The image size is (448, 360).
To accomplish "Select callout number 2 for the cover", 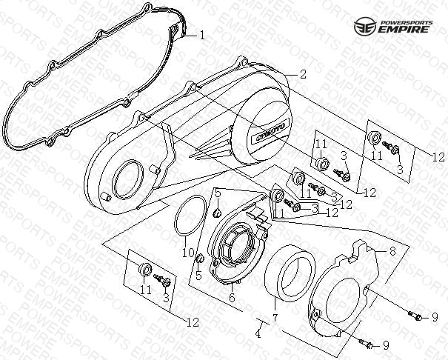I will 302,74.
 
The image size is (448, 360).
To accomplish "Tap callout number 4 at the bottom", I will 258,335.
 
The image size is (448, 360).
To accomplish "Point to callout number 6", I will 232,298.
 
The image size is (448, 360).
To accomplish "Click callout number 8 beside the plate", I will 392,252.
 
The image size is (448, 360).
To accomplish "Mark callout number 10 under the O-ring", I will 188,253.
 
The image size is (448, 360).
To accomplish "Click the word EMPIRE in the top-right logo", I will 411,30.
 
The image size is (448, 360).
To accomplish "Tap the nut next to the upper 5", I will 217,214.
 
